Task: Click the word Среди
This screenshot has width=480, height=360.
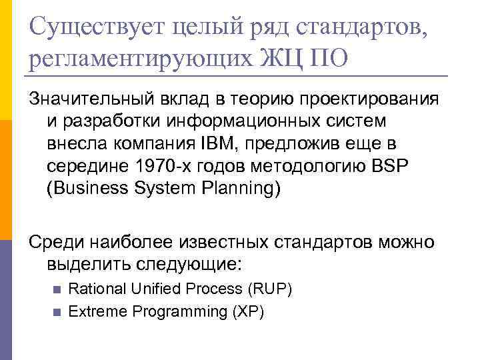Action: (55, 241)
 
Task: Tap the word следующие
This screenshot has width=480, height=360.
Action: (191, 264)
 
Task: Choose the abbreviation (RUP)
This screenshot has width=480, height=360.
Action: (269, 289)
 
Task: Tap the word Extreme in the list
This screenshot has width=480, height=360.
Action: (93, 311)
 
